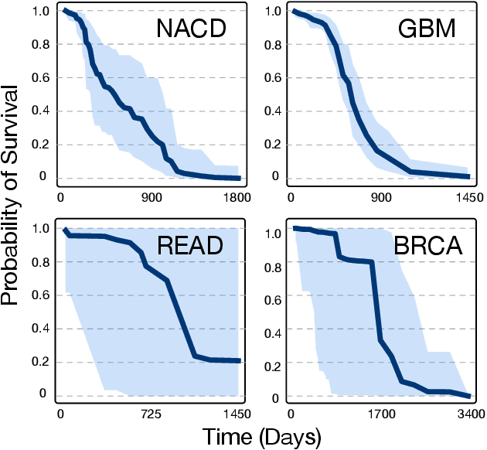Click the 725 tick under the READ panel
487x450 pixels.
tap(150, 415)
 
